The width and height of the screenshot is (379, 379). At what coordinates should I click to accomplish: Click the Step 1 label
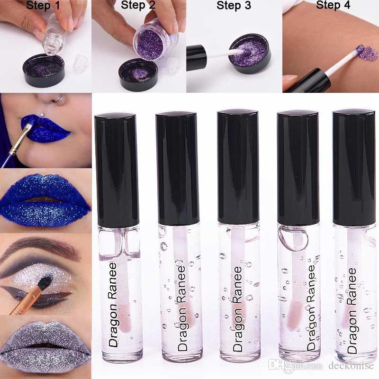pos(43,6)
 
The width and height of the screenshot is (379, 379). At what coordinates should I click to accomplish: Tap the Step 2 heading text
pos(138,5)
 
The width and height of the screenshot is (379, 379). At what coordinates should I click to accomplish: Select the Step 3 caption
pos(234,6)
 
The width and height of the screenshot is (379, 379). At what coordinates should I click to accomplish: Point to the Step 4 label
pos(333,5)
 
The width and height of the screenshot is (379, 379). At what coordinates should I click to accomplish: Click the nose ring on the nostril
pos(60,98)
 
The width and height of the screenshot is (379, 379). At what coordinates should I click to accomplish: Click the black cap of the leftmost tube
pos(117,171)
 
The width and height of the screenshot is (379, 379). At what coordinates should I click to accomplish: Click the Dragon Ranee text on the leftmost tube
pos(113,305)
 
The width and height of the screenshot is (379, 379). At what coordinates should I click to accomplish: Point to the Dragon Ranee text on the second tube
pos(182,308)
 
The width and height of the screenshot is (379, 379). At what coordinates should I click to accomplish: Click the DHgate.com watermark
pos(295,365)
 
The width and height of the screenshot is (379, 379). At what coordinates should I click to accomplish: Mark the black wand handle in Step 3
pos(196,57)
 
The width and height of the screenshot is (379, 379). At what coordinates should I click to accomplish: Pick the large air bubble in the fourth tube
pos(293,238)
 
